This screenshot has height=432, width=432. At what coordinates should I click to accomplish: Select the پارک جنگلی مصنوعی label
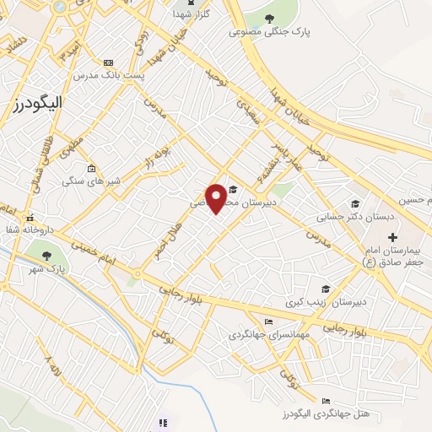(270, 32)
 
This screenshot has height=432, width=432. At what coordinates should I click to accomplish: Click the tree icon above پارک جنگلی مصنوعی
(269, 19)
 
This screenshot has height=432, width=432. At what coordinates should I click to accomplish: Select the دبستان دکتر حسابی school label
(344, 217)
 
